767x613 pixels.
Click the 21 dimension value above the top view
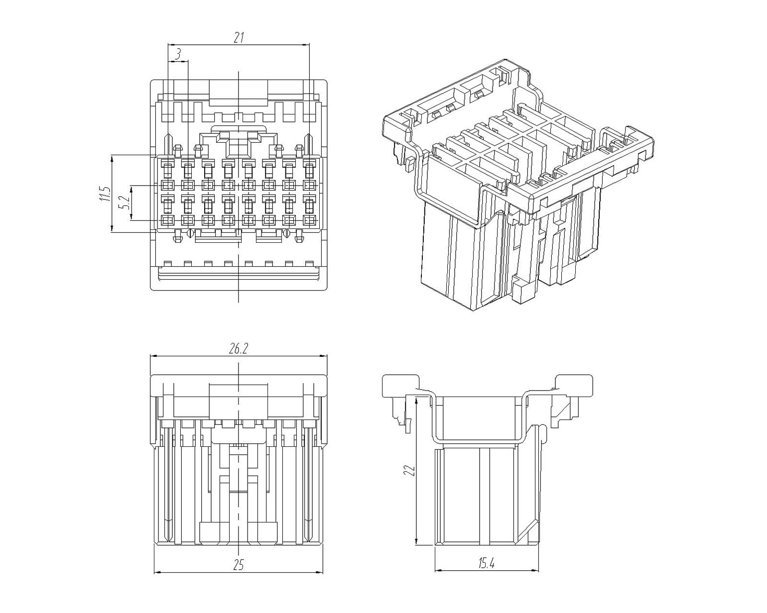point(239,38)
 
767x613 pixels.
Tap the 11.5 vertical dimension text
point(104,194)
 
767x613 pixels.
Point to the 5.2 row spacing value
point(125,203)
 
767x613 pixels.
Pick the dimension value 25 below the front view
point(239,565)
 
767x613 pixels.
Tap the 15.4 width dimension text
point(487,563)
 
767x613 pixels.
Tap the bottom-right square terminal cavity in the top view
point(309,220)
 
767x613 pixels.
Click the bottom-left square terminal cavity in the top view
point(168,220)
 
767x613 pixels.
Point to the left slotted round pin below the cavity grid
point(189,233)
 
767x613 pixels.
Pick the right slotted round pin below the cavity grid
point(286,233)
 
